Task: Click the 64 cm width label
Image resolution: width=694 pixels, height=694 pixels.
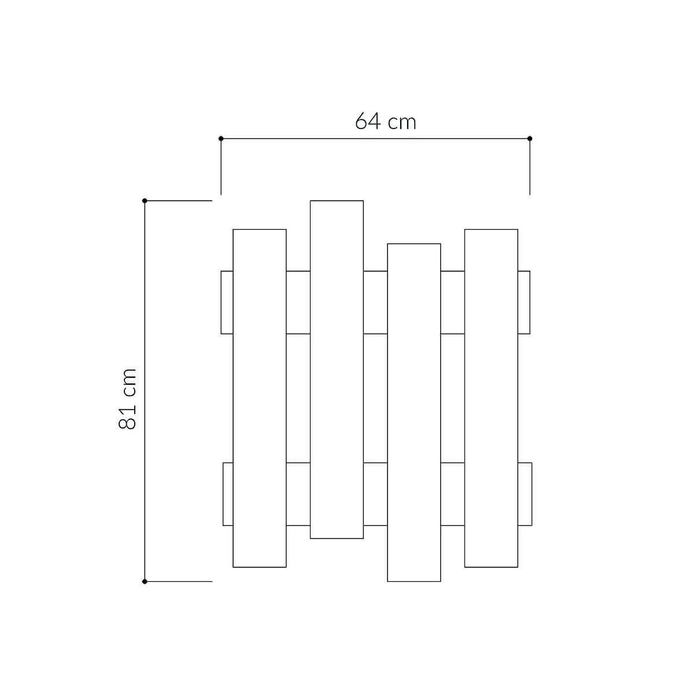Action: pos(385,121)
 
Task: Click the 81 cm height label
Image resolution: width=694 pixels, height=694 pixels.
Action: pos(128,398)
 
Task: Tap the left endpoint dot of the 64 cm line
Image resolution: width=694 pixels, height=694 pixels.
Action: pos(221,138)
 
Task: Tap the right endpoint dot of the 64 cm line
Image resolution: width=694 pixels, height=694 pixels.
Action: pos(530,138)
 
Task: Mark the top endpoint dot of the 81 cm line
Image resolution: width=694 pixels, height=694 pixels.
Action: pos(145,201)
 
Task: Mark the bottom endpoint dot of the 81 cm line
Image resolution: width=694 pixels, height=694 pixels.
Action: pos(145,581)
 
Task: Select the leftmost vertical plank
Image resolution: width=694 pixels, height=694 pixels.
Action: pos(260,398)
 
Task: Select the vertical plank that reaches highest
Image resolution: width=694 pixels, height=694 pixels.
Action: pos(337,369)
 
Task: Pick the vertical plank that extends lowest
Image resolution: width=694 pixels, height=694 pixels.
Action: pos(414,412)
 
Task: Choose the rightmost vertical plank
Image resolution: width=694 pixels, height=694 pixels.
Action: pos(491,398)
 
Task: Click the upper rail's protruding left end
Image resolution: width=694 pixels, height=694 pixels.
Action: pos(227,302)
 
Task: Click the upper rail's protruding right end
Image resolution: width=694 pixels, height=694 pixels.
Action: pos(524,302)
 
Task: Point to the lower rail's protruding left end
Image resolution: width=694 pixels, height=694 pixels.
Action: pos(228,494)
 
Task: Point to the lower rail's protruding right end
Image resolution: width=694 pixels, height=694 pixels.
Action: pos(525,494)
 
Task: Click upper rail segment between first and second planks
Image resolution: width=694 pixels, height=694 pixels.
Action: pos(298,302)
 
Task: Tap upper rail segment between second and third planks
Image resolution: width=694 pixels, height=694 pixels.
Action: pos(375,302)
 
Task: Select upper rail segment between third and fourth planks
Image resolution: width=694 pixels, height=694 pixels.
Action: pos(453,302)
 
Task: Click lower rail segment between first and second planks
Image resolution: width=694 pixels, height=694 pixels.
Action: pos(298,494)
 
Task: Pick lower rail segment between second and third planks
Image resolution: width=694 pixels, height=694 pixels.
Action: pos(375,494)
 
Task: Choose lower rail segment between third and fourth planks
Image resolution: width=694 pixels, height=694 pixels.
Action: pos(453,494)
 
